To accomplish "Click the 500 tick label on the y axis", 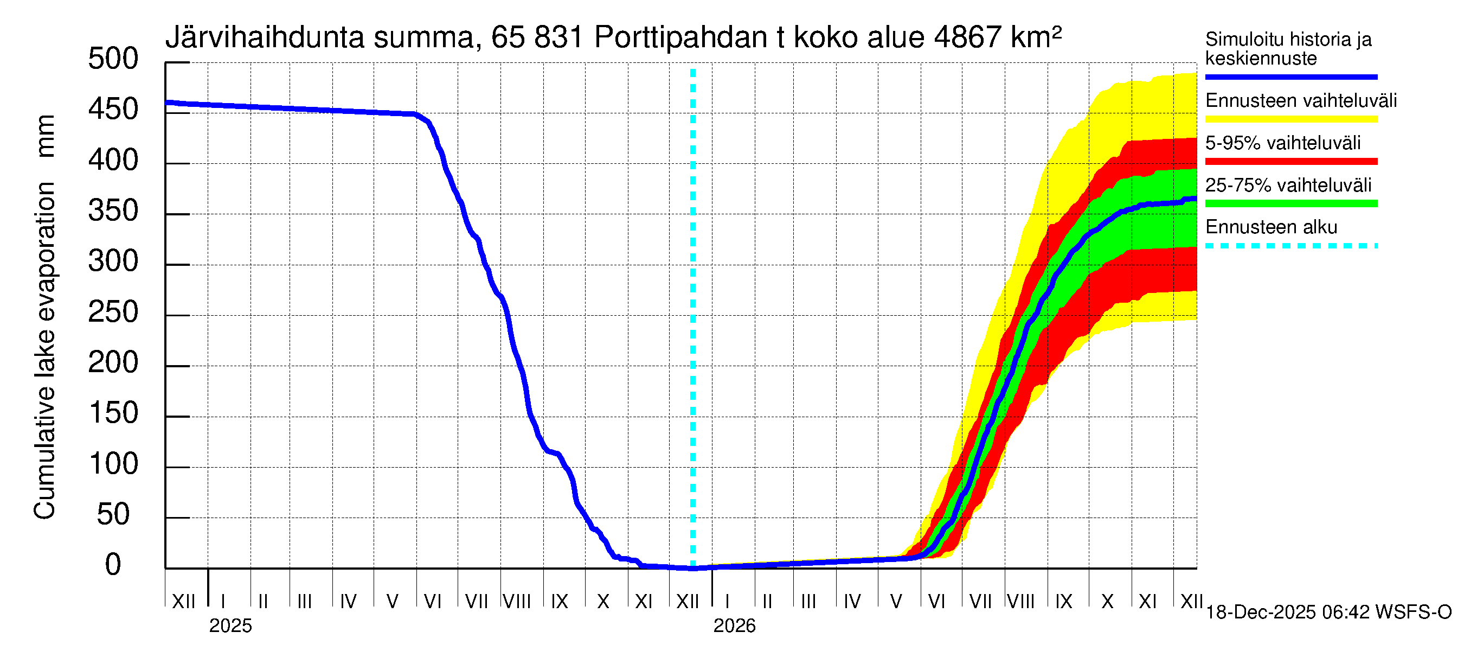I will [x=113, y=59].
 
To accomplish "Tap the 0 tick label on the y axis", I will [x=113, y=565].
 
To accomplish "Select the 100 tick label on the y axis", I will [x=113, y=464].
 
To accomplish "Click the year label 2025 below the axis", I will [x=230, y=626].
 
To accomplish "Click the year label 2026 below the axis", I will [x=734, y=626].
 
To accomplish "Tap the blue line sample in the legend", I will [x=1290, y=76].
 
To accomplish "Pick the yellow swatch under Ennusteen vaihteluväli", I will [x=1290, y=119].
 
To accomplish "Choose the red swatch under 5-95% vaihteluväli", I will [x=1290, y=162].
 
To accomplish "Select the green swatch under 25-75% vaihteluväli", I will [x=1290, y=203].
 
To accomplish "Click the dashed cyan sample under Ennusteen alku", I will [x=1290, y=246].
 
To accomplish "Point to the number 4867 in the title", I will [x=967, y=38].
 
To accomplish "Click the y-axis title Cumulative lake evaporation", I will [x=44, y=350].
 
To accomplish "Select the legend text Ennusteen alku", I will [x=1272, y=227].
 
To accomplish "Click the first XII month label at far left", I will [x=184, y=602].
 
